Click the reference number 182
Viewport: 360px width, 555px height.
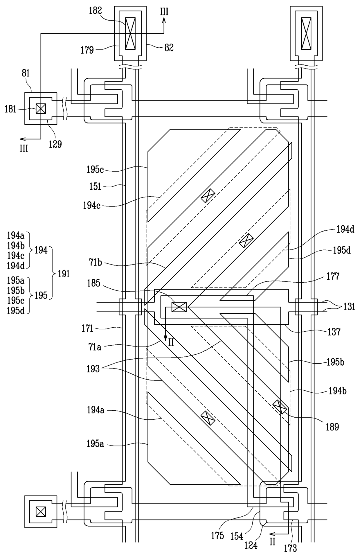pyautogui.click(x=96, y=11)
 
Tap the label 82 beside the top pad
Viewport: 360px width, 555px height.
pyautogui.click(x=169, y=48)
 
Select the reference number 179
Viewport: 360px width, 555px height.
pyautogui.click(x=87, y=50)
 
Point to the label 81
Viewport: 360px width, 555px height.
pyautogui.click(x=26, y=73)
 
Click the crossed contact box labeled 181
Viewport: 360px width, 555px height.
pyautogui.click(x=41, y=109)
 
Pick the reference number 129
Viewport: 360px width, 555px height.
pyautogui.click(x=55, y=144)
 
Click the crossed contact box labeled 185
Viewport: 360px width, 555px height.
pyautogui.click(x=179, y=307)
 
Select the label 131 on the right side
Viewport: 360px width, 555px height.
pyautogui.click(x=349, y=307)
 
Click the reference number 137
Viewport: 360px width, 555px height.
pyautogui.click(x=334, y=332)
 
